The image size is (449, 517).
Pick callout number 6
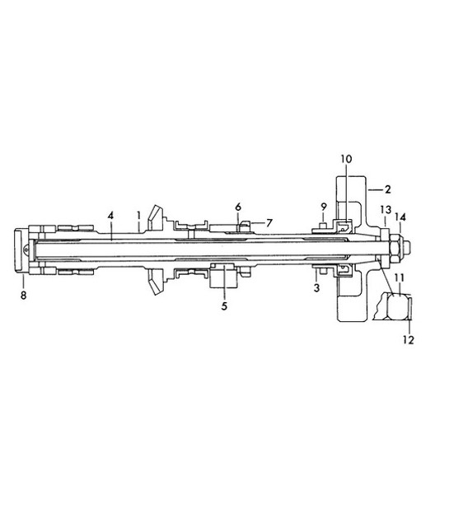[x=238, y=206]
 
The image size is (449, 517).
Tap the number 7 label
[x=268, y=222]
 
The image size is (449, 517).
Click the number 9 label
[x=324, y=206]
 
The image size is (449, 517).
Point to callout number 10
[x=346, y=157]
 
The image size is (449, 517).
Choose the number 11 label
[x=399, y=278]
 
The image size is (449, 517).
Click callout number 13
[x=386, y=211]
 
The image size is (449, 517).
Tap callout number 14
[x=400, y=217]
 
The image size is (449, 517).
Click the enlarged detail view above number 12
[x=395, y=310]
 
